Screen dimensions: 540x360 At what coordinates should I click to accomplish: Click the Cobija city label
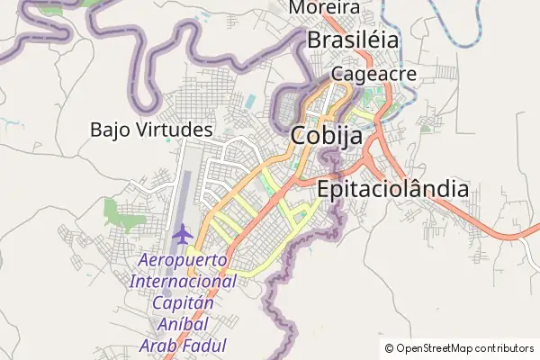(x=327, y=136)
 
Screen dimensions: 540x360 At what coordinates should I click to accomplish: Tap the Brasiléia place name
(x=353, y=40)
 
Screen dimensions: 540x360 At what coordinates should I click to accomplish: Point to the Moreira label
(x=324, y=8)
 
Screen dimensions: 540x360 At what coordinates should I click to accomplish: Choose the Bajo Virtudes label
(x=151, y=130)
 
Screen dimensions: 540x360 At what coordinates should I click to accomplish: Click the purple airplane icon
(x=183, y=235)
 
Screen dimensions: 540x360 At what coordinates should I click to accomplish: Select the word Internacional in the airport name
(x=184, y=282)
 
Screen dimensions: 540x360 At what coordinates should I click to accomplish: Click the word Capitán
(x=184, y=302)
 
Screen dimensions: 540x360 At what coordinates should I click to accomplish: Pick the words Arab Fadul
(x=184, y=346)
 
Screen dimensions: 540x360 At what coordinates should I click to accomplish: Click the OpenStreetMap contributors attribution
(x=459, y=348)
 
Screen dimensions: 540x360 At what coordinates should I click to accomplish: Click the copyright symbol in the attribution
(x=390, y=348)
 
